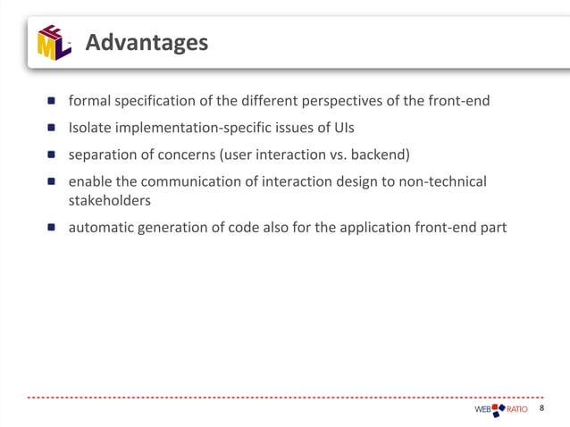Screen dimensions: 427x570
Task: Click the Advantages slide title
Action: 147,42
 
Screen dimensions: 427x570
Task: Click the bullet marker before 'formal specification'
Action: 53,101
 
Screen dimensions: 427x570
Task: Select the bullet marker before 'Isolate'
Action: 53,128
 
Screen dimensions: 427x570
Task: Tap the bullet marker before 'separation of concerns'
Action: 53,155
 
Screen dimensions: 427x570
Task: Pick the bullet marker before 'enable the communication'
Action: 53,182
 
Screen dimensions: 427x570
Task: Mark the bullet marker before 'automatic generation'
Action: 53,228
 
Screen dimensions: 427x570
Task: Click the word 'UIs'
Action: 342,128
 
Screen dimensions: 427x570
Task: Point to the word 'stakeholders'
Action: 110,200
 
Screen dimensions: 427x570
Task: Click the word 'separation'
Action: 105,155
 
